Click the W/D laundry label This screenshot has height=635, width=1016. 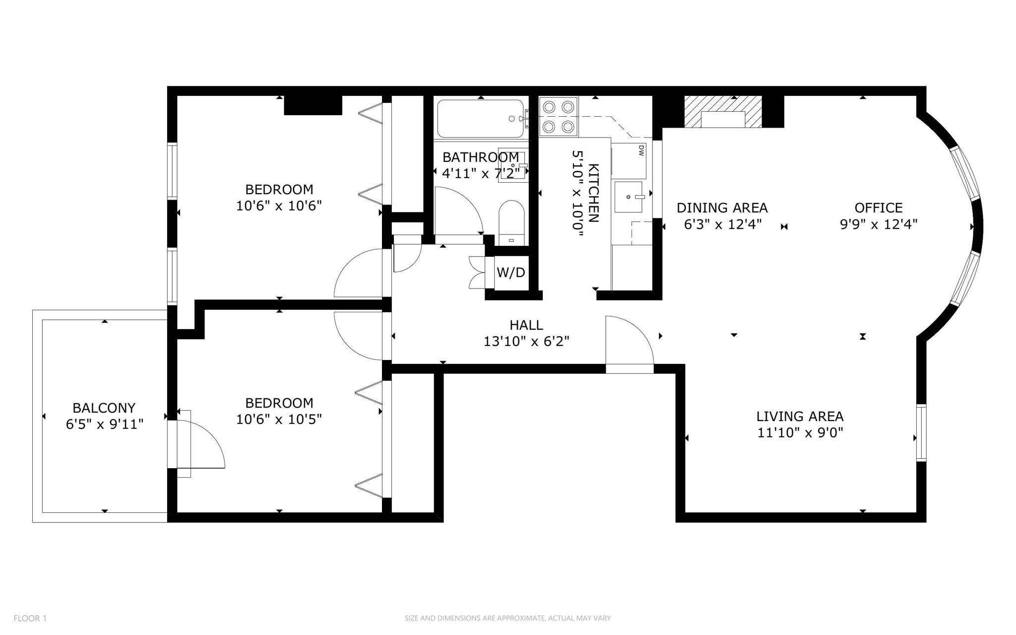(510, 272)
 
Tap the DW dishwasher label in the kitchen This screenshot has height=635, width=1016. (640, 150)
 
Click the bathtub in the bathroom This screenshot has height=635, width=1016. (480, 119)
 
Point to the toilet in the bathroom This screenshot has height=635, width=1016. (511, 222)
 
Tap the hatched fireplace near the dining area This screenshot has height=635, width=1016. (723, 112)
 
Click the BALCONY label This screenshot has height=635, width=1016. (104, 408)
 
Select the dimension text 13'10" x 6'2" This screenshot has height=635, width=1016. (526, 341)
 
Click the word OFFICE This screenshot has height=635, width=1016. (878, 208)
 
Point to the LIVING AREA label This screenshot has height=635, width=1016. (800, 416)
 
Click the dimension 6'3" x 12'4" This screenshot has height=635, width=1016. (722, 224)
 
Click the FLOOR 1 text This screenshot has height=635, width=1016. (30, 618)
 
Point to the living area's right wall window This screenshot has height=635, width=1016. (921, 433)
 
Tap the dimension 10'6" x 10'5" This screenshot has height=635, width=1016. (279, 420)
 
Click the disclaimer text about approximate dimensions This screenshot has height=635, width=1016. (508, 618)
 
